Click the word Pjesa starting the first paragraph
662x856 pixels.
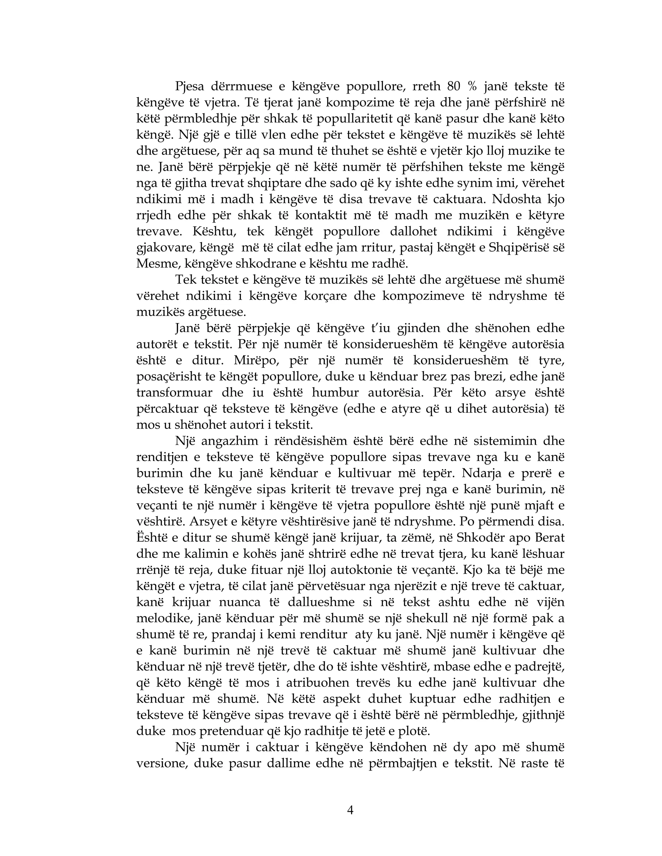tap(189, 87)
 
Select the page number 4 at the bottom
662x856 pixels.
tap(350, 810)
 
